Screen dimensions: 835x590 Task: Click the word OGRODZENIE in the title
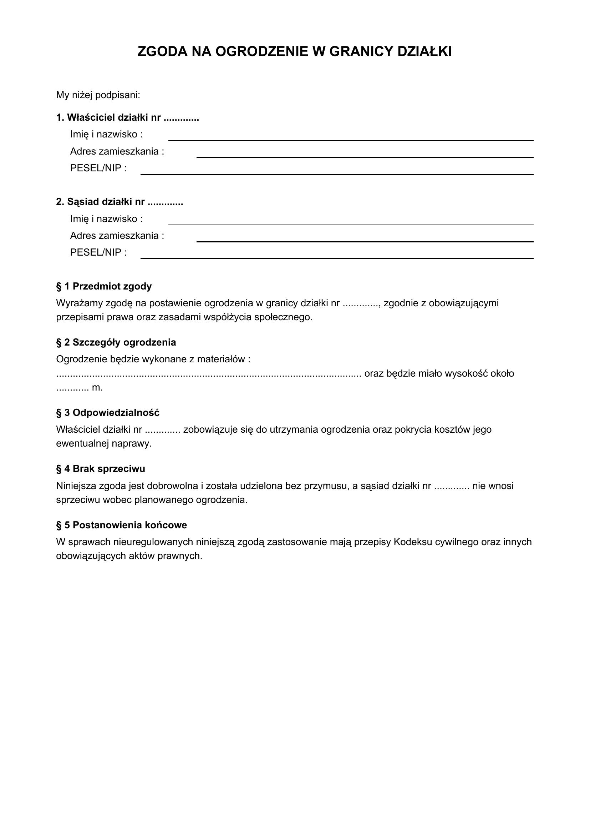[261, 52]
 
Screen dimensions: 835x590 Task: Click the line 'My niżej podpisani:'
[98, 95]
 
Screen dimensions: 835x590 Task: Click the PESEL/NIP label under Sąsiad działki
[98, 252]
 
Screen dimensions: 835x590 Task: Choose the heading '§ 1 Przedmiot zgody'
[104, 286]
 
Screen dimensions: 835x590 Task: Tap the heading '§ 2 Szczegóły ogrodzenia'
[116, 342]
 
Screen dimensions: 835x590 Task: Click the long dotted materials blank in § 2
[209, 374]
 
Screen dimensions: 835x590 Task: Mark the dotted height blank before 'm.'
[72, 388]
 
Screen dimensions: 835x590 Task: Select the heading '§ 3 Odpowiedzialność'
[107, 413]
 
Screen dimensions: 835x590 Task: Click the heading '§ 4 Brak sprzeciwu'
[101, 469]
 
